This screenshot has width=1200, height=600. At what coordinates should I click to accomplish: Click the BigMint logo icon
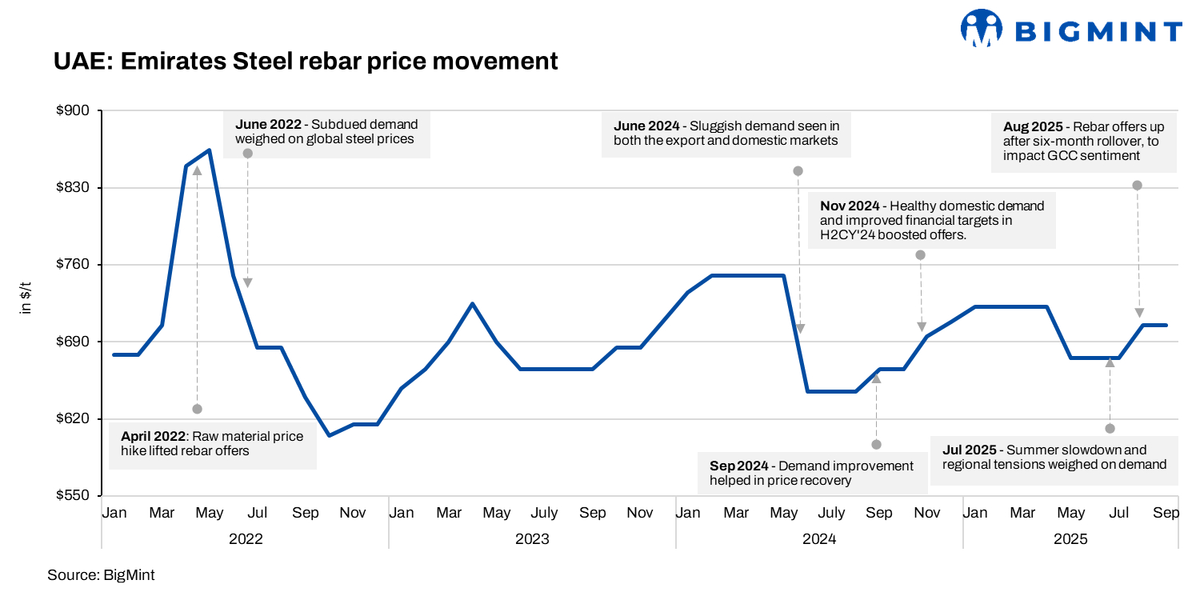coord(982,30)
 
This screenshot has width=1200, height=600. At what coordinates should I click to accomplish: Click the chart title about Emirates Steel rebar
coord(306,61)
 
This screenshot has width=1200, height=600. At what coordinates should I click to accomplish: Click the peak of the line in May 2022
coord(210,150)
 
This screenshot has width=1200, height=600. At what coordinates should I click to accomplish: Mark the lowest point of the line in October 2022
coord(329,435)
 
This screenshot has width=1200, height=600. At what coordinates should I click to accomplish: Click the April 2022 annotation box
coord(212,444)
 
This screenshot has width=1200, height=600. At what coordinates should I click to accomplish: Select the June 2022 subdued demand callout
coord(326,132)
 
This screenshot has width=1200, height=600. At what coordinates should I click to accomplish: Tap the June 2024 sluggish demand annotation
coord(726,134)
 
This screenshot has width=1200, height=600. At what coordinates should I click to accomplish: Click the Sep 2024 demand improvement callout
coord(811,473)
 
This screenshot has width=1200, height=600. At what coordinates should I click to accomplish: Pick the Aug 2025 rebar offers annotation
coord(1083,142)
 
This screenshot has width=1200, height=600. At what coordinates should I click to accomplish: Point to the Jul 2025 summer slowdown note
coord(1054,457)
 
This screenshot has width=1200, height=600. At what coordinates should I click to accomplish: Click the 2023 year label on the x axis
coord(532,539)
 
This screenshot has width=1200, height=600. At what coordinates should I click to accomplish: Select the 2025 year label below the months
coord(1070,539)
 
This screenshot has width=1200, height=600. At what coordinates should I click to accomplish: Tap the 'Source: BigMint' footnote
coord(101,574)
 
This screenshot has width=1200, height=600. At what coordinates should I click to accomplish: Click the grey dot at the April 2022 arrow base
coord(198,409)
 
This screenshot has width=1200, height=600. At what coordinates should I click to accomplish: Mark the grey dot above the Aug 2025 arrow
coord(1137,186)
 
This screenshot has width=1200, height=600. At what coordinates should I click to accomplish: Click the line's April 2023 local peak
coord(472,304)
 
